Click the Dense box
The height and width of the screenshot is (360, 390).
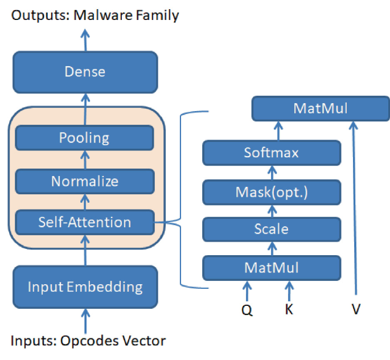(85, 72)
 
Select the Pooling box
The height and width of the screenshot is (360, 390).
(84, 138)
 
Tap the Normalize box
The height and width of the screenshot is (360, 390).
(84, 182)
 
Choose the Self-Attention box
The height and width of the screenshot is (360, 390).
(84, 222)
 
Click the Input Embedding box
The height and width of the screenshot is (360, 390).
(85, 286)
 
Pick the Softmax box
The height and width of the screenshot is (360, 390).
(272, 153)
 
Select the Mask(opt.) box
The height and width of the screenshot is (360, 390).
(272, 192)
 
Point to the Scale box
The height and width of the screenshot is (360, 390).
(272, 229)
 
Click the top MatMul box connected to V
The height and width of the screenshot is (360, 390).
(320, 108)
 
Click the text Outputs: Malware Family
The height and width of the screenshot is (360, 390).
(95, 15)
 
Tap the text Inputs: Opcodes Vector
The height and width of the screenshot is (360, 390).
(88, 341)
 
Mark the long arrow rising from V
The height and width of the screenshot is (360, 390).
(355, 211)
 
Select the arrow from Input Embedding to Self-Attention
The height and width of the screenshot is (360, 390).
(85, 251)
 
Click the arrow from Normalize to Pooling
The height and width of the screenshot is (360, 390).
(85, 160)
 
